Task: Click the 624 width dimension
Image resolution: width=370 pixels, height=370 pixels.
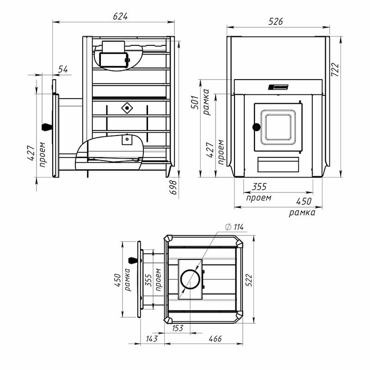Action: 120,16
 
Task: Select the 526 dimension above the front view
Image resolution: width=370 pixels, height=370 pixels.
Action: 276,21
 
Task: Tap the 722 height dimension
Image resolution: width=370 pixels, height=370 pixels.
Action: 335,70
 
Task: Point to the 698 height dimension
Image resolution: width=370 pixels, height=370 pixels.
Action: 173,187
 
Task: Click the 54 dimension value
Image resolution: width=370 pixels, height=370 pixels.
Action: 63,69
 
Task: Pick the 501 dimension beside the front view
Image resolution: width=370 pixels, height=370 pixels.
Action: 195,102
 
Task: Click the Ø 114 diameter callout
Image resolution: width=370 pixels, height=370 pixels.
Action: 234,227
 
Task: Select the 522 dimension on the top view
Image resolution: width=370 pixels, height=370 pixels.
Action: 249,280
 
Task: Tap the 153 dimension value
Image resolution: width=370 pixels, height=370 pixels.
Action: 178,328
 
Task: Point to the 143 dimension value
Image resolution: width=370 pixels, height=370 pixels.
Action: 152,339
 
